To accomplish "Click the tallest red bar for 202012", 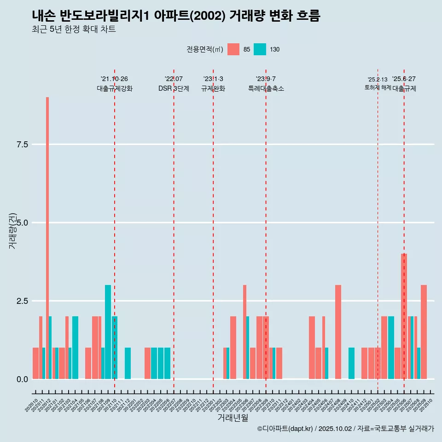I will [47, 238].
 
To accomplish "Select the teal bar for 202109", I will [108, 332].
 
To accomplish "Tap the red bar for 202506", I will [404, 316].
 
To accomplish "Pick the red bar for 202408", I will [338, 332].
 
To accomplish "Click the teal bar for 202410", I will [351, 363].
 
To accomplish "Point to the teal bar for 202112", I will [128, 363].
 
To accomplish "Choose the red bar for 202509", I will [424, 332].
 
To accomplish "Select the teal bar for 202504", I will [391, 348].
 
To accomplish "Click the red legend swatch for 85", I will [233, 49].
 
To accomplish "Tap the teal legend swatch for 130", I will [260, 49].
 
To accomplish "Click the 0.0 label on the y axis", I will [23, 379].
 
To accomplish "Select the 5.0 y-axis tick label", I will [23, 223].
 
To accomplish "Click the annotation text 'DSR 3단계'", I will [174, 89].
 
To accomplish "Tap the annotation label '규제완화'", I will [213, 89].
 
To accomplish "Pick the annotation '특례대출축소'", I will [266, 89].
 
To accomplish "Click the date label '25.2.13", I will [378, 79].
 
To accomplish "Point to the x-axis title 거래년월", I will [233, 418].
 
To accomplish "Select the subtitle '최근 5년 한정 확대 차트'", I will [74, 29].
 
